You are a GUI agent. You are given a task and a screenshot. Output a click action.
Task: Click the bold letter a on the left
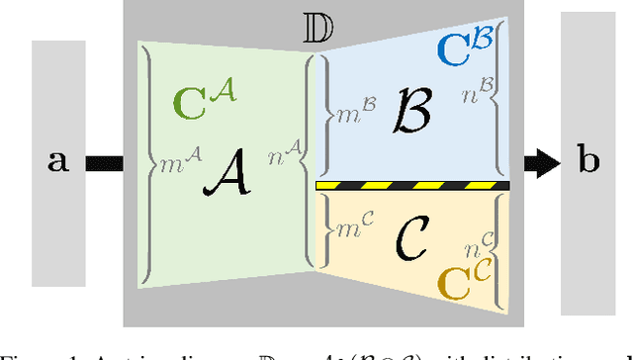point(59,161)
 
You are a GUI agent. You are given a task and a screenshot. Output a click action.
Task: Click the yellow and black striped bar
point(411,185)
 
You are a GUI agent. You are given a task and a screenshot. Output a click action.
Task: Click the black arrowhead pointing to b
point(540,160)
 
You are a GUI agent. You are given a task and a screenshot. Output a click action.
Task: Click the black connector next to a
point(103,161)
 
